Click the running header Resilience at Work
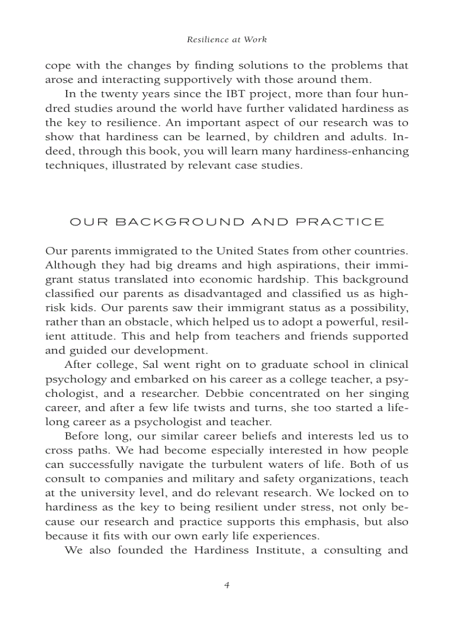226,39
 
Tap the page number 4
226,585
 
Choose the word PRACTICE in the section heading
340,222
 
